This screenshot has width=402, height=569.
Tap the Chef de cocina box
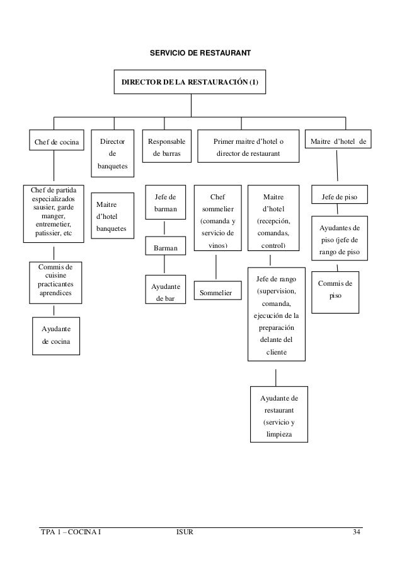point(56,143)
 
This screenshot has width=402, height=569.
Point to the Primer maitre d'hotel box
point(248,147)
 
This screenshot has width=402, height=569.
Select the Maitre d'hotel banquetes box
point(112,216)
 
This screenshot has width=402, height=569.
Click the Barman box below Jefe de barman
point(165,247)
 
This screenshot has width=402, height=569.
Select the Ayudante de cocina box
point(56,335)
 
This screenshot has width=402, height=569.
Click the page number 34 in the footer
point(357,536)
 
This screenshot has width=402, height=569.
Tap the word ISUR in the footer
point(184,536)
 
